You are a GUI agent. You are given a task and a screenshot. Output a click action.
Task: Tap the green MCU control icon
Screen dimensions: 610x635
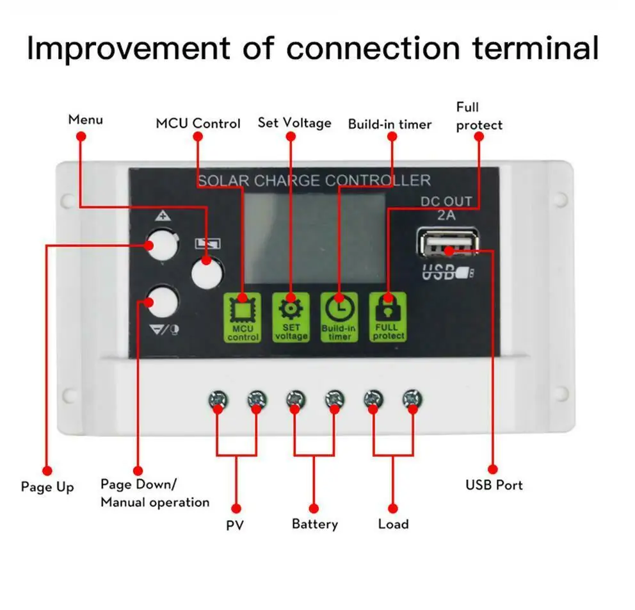243,317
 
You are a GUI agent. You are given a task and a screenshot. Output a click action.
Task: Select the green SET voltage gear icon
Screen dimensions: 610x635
291,317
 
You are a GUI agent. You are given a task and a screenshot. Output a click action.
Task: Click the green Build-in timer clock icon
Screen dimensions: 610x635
339,317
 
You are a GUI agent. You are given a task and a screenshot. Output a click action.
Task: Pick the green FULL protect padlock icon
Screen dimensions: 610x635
388,317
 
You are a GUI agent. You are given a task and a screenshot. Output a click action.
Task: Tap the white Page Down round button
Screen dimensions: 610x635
161,301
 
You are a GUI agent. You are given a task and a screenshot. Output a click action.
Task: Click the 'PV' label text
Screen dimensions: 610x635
235,525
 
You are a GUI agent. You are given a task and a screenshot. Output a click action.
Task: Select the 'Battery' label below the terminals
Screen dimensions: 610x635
314,524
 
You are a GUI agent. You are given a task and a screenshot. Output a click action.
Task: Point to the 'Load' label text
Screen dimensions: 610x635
393,524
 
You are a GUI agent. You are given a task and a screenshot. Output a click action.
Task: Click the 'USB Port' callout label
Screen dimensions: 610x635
494,485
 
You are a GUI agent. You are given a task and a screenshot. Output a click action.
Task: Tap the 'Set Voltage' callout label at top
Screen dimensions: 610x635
294,122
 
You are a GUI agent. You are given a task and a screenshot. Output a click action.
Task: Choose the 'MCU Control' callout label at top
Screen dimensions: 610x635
198,124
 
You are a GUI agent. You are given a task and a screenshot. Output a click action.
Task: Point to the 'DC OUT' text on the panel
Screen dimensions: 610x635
446,201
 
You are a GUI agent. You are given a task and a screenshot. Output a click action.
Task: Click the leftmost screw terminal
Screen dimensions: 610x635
218,400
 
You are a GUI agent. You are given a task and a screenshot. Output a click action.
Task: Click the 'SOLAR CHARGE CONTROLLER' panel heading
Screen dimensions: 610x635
314,181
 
